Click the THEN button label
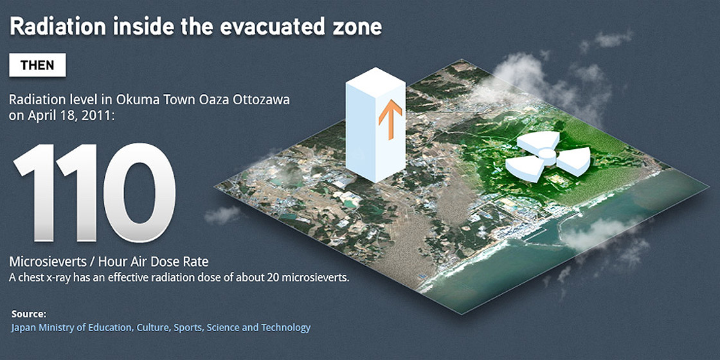[x=37, y=66]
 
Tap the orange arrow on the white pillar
[x=390, y=116]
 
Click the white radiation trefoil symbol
[x=546, y=156]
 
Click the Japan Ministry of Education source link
[x=161, y=328]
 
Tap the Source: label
[x=29, y=314]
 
